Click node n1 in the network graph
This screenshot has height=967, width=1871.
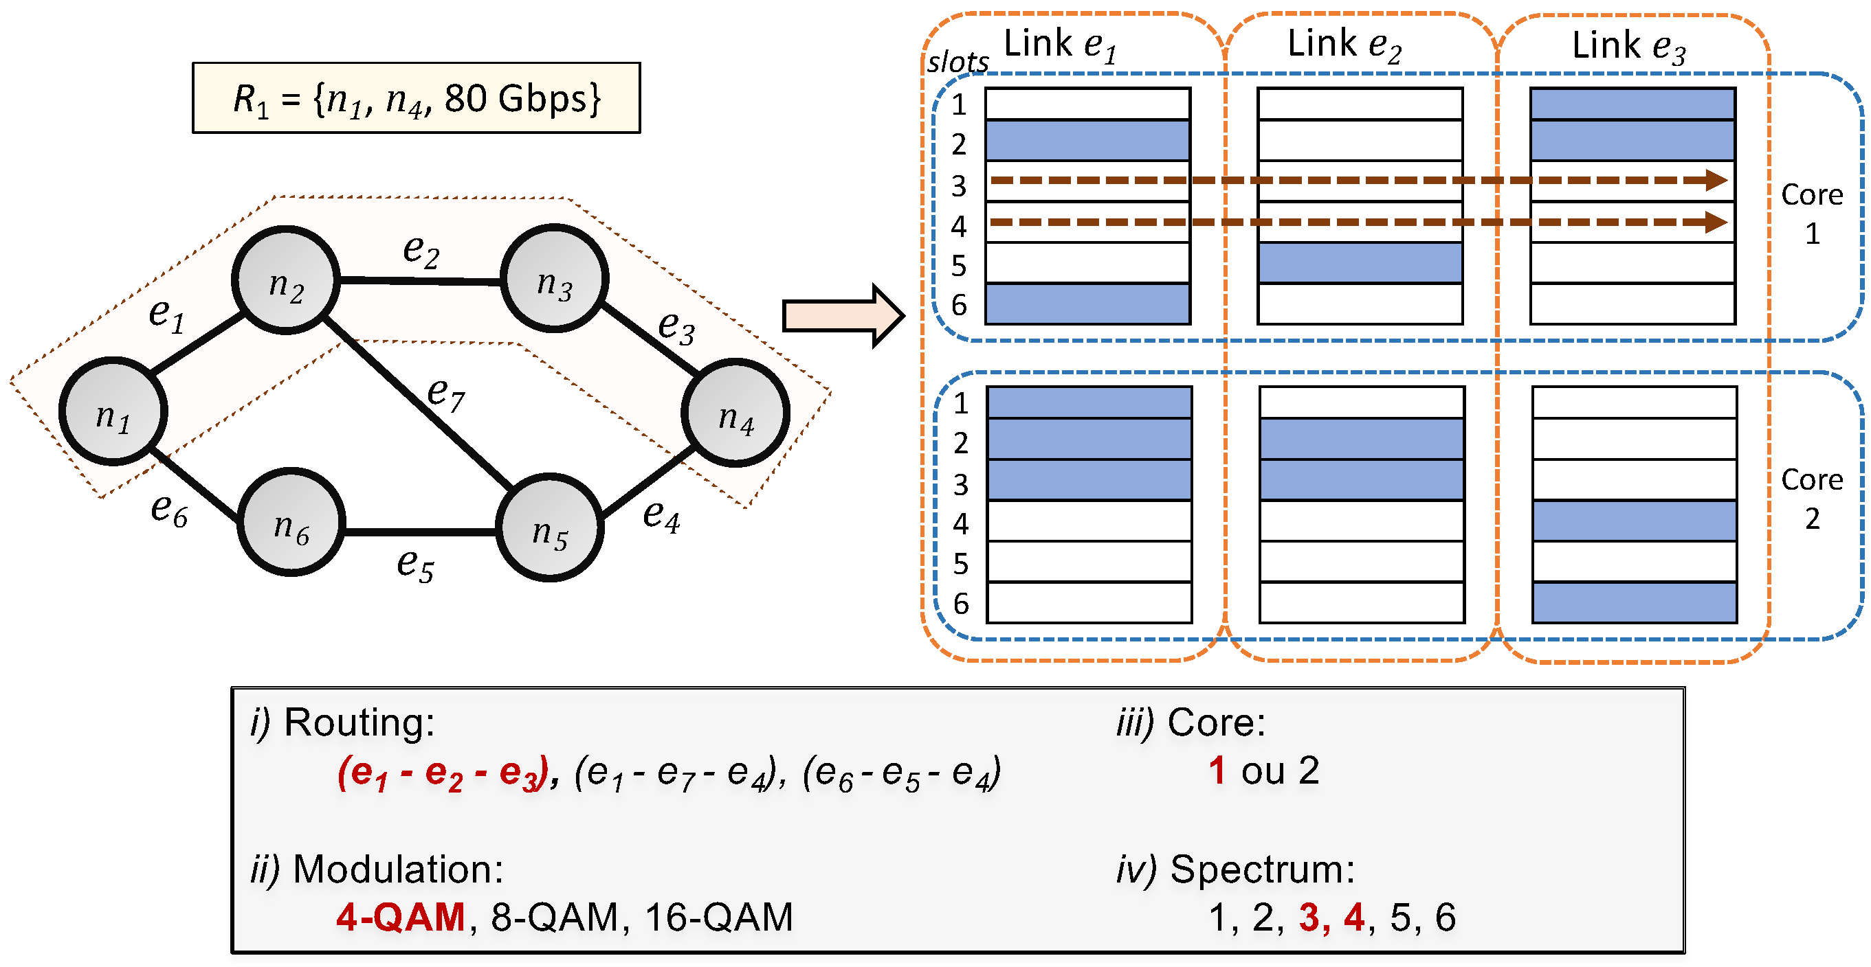pos(113,411)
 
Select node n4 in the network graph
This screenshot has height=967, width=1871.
pos(735,413)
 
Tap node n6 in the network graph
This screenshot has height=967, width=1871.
pos(291,522)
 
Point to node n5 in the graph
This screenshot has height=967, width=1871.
pos(549,527)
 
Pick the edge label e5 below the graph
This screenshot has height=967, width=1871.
pos(414,564)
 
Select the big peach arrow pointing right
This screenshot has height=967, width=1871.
pos(843,316)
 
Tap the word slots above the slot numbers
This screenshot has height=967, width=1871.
pos(957,62)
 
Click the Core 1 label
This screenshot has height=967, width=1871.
pos(1811,214)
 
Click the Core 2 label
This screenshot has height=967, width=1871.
pos(1811,499)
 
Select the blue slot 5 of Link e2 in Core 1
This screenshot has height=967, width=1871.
pos(1360,263)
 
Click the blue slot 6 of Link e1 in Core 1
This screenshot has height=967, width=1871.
pos(1087,304)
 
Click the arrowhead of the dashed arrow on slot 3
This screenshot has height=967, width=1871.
pos(1716,180)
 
